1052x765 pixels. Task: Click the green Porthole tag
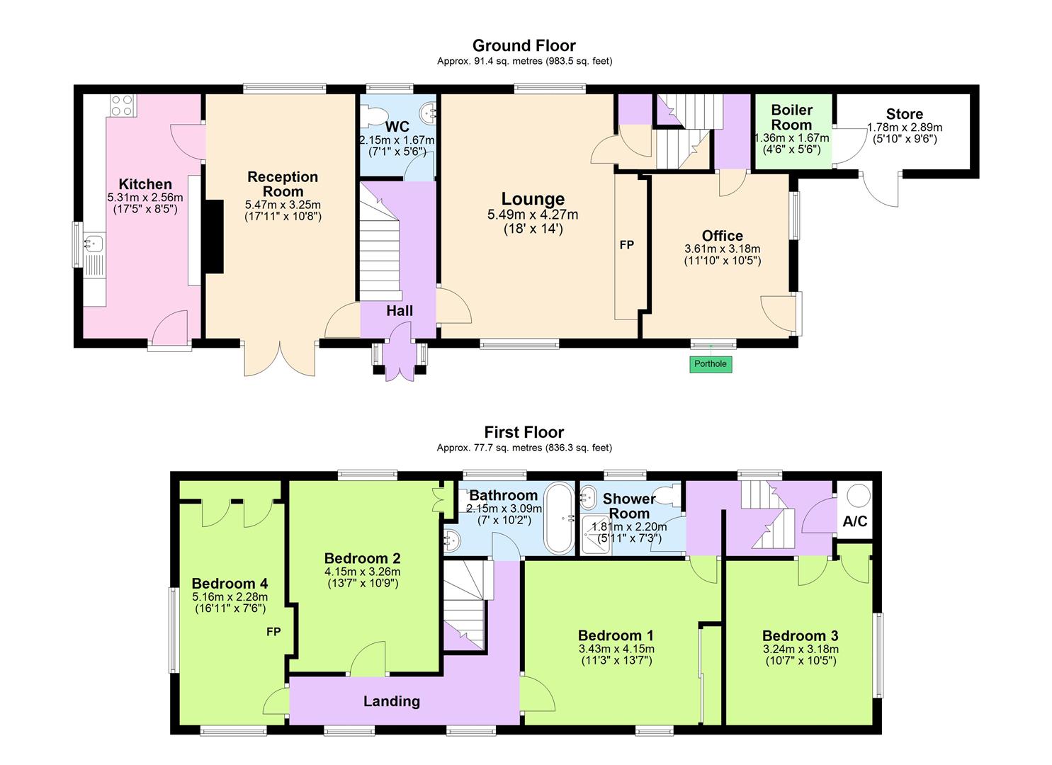[x=711, y=364]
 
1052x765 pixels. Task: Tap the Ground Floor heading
[x=524, y=46]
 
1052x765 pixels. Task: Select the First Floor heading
[x=524, y=432]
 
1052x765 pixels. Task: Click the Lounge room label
[x=533, y=199]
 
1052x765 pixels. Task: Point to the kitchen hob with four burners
[x=121, y=106]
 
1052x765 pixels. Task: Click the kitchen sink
[x=93, y=244]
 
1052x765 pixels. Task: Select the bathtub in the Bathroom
[x=560, y=518]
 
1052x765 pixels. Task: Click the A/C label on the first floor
[x=855, y=522]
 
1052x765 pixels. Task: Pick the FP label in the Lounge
[x=626, y=245]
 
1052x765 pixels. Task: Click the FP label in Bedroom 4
[x=274, y=631]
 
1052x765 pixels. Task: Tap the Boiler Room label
[x=791, y=117]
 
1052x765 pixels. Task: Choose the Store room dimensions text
[x=904, y=133]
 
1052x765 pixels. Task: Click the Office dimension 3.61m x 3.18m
[x=722, y=249]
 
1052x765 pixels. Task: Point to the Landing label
[x=392, y=701]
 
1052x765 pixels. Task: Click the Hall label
[x=400, y=310]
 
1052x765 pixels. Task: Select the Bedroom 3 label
[x=800, y=635]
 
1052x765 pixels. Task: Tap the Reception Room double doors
[x=281, y=359]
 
